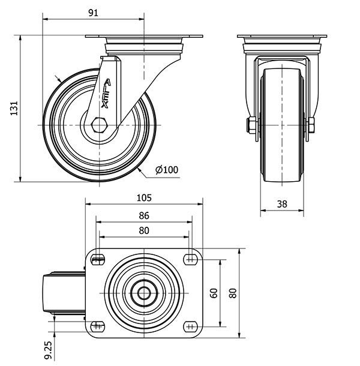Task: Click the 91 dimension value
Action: coord(93,13)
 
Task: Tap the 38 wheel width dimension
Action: coord(281,204)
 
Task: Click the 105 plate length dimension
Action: coord(144,197)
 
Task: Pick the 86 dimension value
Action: coord(143,216)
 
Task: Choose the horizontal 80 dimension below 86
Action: coord(143,230)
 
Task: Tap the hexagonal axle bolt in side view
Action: coord(100,125)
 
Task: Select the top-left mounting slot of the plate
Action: coord(97,260)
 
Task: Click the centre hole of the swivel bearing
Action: coord(144,293)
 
